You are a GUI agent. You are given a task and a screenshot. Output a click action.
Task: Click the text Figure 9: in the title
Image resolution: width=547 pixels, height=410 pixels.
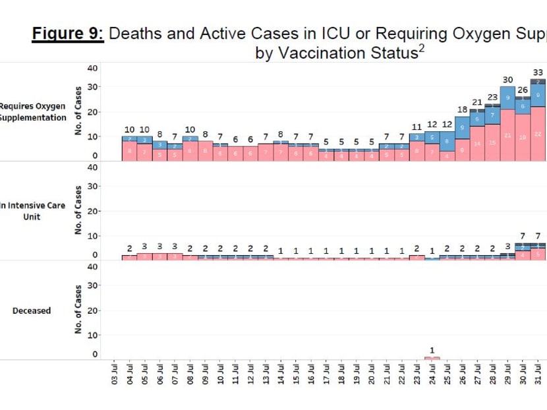68,34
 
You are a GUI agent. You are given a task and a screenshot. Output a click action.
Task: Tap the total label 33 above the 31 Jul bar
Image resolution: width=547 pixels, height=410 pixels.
538,72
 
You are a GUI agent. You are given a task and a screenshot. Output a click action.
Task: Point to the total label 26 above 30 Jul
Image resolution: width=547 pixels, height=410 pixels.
523,90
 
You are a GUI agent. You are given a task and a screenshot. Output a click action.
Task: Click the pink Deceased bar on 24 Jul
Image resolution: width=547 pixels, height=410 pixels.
432,358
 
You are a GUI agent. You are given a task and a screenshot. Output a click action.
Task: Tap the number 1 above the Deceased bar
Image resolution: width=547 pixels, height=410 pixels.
432,350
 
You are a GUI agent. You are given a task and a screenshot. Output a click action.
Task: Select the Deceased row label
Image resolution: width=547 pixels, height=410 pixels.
32,310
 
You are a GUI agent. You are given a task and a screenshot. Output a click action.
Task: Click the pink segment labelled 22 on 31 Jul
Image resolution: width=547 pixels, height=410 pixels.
538,134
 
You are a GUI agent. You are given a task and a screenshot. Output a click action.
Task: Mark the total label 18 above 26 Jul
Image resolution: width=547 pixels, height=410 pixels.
463,109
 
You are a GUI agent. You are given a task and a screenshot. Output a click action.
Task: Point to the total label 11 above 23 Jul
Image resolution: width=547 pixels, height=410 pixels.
417,127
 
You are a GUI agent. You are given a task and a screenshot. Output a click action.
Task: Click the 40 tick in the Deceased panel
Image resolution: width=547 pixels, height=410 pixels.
93,266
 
